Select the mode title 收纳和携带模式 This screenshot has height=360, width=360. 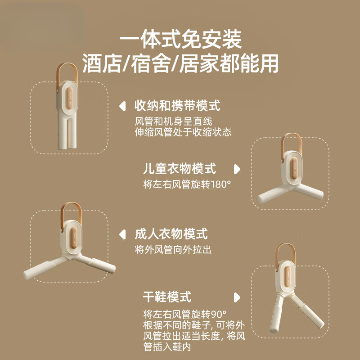[x=177, y=106]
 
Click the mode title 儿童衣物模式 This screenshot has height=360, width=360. [x=180, y=169]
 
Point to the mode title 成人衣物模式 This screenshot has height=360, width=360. [x=171, y=234]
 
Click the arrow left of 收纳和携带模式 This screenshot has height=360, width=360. [x=121, y=107]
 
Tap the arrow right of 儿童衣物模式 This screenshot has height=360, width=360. [x=237, y=169]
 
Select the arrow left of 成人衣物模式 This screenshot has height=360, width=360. [x=121, y=234]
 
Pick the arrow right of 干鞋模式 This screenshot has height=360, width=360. [x=237, y=297]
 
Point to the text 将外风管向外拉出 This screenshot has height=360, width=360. [x=173, y=249]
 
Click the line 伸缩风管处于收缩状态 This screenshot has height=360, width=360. [x=183, y=132]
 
